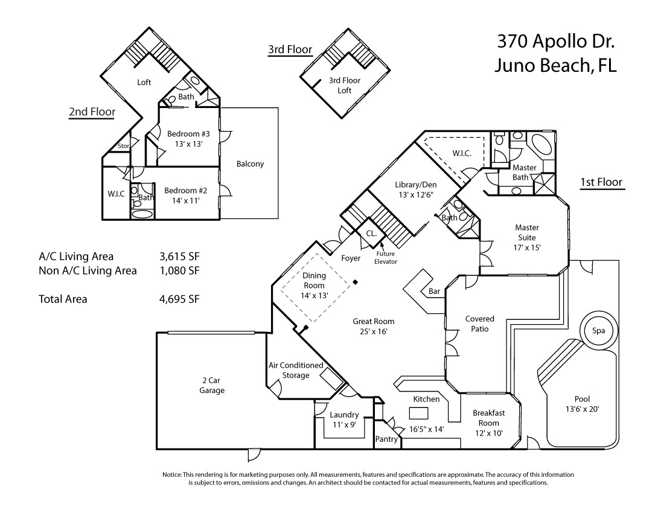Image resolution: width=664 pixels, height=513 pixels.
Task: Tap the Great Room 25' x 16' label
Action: pos(374,327)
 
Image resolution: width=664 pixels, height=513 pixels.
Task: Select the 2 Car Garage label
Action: pos(212,385)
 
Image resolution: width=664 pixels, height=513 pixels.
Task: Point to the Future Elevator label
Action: pos(385,257)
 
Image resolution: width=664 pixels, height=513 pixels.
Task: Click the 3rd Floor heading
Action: pos(290,49)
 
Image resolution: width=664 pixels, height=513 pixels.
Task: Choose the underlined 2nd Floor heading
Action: pos(92,112)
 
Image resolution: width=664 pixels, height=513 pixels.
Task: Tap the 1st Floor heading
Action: pos(601,182)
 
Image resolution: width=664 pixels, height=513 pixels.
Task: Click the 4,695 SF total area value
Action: pos(179,299)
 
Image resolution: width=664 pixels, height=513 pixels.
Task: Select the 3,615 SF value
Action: pos(179,256)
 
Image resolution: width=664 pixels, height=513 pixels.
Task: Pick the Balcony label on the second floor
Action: pos(250,164)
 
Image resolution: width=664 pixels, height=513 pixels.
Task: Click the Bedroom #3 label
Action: pos(188,139)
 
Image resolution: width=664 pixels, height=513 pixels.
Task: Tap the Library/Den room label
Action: pos(415,189)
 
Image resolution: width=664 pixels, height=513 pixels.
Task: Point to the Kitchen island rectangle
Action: pos(418,413)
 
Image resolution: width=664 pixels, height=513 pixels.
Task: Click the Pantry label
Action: pos(386,439)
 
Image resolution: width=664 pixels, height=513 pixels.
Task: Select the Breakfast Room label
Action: pos(489,422)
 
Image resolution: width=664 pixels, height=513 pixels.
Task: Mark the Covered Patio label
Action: pos(479,324)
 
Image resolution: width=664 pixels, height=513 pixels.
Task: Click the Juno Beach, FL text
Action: pos(555,66)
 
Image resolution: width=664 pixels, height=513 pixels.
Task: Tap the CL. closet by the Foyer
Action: pos(371,233)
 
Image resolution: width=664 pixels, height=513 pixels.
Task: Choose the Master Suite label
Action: pos(527,237)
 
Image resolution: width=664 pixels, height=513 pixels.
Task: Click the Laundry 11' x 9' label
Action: pos(344,419)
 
